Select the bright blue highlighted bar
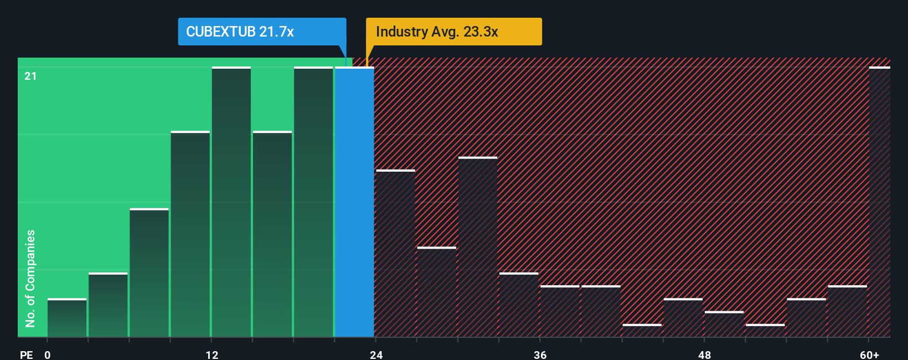354,202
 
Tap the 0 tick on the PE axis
48,354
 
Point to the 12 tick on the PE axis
212,354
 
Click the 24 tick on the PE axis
376,354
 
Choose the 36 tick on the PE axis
540,354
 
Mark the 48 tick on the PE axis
704,354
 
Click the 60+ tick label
870,354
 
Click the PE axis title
27,354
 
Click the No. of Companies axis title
30,278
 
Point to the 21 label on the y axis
30,76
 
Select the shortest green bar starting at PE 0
67,318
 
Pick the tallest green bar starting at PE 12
231,202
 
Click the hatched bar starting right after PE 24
395,254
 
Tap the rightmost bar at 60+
879,202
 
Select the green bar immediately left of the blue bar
313,202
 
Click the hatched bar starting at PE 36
560,311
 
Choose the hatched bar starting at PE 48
724,325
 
